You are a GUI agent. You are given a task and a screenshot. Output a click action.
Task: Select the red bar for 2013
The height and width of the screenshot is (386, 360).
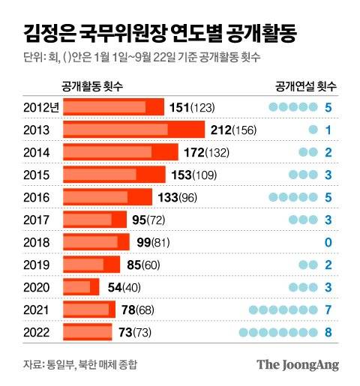[x=133, y=130]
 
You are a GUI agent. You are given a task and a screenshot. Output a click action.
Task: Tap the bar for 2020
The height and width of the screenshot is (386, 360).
[x=81, y=287]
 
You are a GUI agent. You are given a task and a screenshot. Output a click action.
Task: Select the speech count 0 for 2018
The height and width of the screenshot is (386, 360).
[x=328, y=242]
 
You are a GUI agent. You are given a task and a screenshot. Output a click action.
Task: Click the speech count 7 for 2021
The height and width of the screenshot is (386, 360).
[x=328, y=310]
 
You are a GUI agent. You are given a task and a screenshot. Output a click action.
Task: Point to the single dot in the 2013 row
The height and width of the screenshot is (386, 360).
[x=313, y=130]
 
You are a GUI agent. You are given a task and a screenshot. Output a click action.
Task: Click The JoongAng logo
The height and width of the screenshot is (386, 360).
[x=298, y=365]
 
